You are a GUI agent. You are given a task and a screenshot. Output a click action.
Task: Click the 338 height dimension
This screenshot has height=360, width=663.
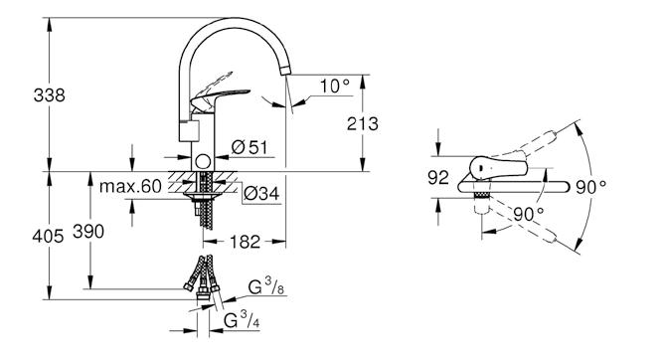point(50,95)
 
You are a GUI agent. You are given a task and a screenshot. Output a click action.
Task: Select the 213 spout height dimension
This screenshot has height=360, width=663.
point(363,123)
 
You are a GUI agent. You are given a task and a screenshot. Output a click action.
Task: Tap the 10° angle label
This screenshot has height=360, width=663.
point(334,86)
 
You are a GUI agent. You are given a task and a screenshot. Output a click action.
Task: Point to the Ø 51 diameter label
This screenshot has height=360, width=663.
point(249,147)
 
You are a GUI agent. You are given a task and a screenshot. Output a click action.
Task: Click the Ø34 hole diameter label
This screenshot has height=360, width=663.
point(261,193)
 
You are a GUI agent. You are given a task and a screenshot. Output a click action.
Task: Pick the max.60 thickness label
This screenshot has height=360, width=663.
point(130,186)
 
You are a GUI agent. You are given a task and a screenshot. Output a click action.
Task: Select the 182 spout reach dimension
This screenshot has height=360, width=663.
point(245,242)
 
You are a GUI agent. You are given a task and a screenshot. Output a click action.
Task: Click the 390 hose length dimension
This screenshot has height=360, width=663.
point(88,232)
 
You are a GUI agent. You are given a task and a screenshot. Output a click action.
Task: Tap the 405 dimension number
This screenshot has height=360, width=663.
point(48,236)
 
